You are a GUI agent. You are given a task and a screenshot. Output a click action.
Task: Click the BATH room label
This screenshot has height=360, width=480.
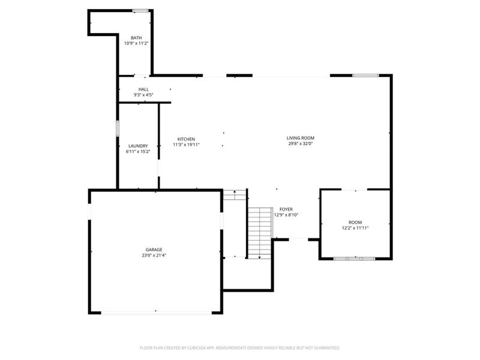click(x=136, y=38)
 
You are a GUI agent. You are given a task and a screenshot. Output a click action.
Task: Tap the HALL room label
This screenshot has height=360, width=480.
click(x=143, y=89)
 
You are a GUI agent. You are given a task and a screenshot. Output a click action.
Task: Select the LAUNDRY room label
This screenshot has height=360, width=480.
click(x=138, y=146)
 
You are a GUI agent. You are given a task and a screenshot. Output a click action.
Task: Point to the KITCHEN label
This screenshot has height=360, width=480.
click(x=186, y=139)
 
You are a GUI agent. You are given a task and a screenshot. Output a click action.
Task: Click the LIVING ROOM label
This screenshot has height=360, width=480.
click(x=301, y=138)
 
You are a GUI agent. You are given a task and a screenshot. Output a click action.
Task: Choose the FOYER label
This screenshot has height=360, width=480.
click(x=286, y=209)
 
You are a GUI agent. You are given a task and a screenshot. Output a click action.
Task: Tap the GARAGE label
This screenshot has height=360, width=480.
click(x=154, y=250)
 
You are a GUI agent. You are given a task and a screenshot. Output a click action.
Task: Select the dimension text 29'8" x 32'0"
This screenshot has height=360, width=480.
click(x=301, y=143)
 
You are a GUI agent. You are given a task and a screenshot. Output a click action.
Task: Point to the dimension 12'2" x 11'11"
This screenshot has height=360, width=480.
click(x=355, y=228)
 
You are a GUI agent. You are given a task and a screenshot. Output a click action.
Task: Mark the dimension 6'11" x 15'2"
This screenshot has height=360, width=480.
click(x=138, y=152)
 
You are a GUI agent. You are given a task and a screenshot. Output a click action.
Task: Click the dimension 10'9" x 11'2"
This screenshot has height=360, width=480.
click(x=136, y=43)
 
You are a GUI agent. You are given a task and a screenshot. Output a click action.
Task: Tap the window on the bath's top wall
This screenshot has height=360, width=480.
click(x=140, y=11)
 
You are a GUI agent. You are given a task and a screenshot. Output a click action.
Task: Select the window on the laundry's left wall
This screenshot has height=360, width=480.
click(x=118, y=128)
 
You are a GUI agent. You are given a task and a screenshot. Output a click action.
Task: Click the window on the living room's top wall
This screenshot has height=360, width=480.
click(x=365, y=76)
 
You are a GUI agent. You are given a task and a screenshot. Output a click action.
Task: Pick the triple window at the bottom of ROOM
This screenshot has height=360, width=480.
click(x=355, y=259)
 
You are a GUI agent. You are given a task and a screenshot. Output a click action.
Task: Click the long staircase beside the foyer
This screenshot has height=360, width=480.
click(x=260, y=233)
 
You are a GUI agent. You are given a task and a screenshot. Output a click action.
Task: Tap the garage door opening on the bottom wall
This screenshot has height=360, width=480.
click(x=157, y=313)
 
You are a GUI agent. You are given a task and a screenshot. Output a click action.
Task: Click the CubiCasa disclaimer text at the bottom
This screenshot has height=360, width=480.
click(x=239, y=348)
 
